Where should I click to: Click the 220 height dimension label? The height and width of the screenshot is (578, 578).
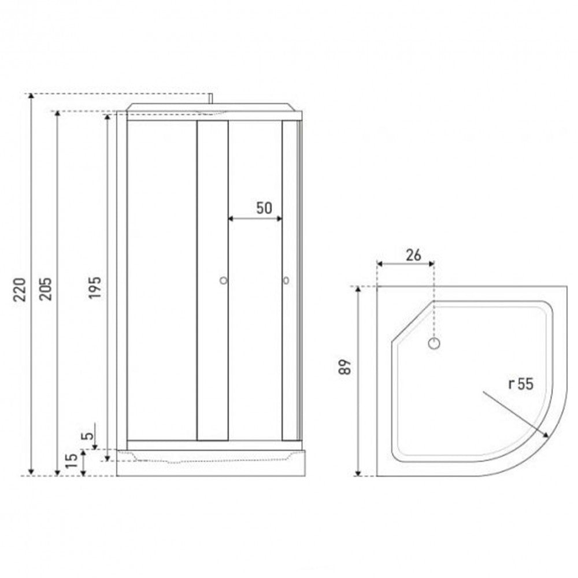pos(20,290)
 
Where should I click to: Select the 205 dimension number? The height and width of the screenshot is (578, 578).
pos(46,289)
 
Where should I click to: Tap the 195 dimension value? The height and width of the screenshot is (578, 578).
pos(94,287)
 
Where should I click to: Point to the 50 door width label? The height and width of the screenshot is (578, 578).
pos(264,208)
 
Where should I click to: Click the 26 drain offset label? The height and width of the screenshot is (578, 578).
pos(413,255)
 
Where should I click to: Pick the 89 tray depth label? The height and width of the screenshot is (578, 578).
pos(346,367)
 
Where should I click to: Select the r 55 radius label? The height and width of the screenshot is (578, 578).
pos(521,384)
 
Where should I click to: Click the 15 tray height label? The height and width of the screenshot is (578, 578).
pos(72,461)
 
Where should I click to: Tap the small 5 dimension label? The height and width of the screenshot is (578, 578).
pos(87,436)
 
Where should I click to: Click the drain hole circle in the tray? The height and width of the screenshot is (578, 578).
pos(434,343)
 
